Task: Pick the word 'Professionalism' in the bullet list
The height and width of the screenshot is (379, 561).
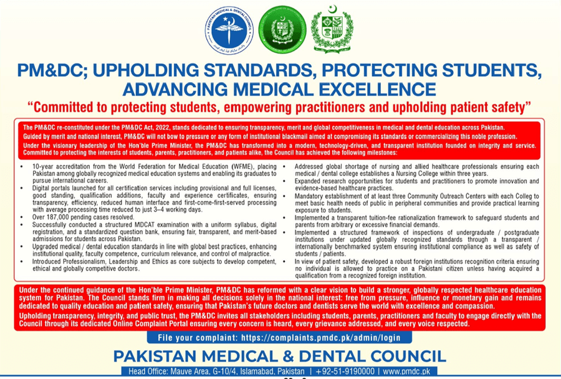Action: [80, 263]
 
